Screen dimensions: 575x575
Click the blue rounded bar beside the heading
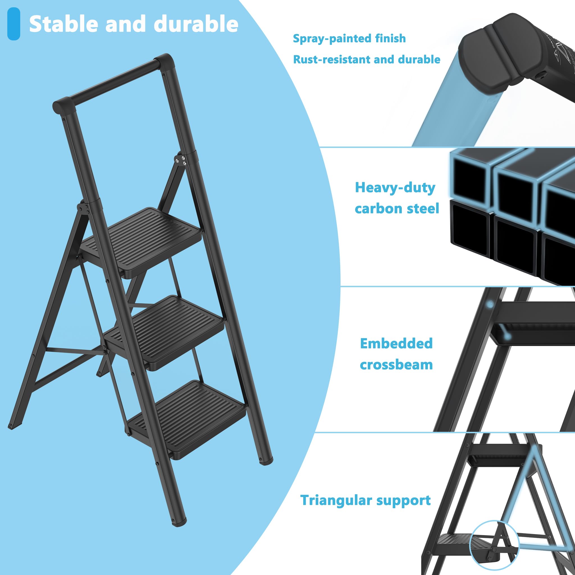click(x=14, y=24)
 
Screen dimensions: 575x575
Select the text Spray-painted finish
click(x=349, y=38)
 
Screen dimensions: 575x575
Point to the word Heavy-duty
click(x=395, y=188)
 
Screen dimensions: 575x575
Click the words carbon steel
click(x=397, y=209)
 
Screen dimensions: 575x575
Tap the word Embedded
click(x=396, y=343)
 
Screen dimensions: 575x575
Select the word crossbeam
click(x=396, y=365)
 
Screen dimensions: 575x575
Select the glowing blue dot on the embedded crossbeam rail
click(x=490, y=304)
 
